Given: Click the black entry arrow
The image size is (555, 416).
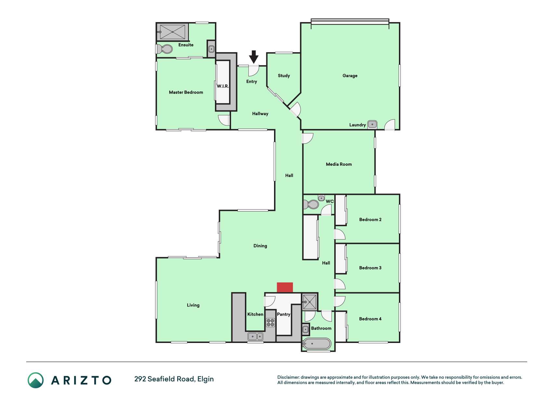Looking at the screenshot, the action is click(254, 57).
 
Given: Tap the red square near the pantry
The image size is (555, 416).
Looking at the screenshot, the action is click(285, 288).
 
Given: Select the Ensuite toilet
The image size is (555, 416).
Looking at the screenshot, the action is click(165, 49).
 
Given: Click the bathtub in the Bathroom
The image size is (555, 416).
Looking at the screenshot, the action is click(317, 344).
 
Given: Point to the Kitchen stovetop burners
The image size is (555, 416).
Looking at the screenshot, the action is click(271, 322).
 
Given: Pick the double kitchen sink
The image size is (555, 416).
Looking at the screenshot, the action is click(256, 337).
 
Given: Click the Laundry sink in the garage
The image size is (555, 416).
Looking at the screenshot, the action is click(372, 124).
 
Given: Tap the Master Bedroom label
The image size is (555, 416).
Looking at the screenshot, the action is click(186, 92).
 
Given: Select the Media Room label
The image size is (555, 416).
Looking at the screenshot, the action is click(339, 164).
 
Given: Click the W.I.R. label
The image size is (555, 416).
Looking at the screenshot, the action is click(223, 86).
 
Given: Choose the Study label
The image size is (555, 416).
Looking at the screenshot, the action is click(284, 76).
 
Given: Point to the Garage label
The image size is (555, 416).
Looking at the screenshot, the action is click(350, 76).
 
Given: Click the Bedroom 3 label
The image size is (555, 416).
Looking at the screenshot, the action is click(370, 268).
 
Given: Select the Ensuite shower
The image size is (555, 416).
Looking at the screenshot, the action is click(172, 32).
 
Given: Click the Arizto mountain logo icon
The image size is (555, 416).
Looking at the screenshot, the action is click(35, 380).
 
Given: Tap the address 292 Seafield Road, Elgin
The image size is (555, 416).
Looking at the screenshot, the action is click(174, 379).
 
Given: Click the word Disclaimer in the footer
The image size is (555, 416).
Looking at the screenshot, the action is click(288, 377).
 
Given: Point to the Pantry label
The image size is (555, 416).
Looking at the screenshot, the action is click(284, 314).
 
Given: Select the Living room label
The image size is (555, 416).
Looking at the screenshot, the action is click(193, 305).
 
